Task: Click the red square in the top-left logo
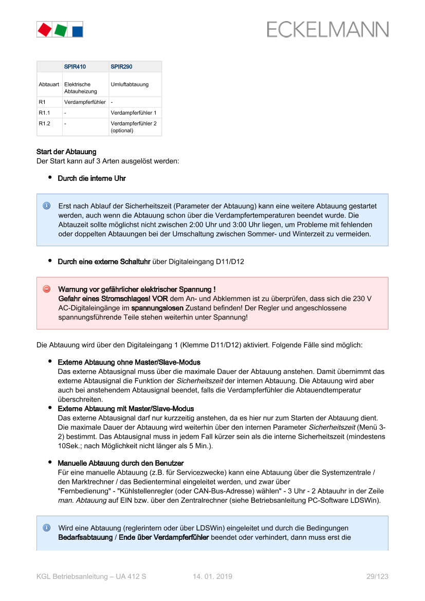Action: click(x=45, y=30)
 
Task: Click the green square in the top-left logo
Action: click(x=60, y=30)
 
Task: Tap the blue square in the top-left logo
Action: click(x=77, y=30)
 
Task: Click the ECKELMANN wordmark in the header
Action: click(x=327, y=30)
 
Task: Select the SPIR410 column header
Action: click(x=75, y=67)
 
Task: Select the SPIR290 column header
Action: click(x=121, y=67)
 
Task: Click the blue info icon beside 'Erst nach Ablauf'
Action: click(x=46, y=206)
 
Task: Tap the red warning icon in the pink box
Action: click(x=46, y=289)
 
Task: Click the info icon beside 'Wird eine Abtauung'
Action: click(x=46, y=528)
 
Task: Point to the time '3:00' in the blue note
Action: click(x=320, y=225)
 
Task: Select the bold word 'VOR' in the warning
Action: click(x=160, y=299)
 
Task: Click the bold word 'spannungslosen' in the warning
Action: click(x=157, y=308)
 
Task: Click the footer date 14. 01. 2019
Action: click(x=213, y=577)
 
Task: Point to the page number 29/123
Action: click(x=377, y=577)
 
